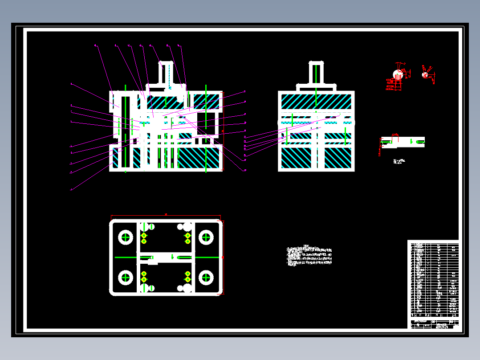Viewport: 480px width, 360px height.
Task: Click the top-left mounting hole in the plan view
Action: point(126,237)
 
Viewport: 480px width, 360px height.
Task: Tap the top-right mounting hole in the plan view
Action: point(206,237)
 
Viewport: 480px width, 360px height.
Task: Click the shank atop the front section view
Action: point(166,74)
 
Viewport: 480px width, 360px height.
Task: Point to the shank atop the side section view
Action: point(316,74)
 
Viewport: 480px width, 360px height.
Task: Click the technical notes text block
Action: point(310,256)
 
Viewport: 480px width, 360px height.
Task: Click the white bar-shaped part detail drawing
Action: point(403,142)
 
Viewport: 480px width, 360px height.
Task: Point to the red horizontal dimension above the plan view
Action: point(166,215)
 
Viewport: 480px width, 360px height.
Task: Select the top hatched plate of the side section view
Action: point(316,102)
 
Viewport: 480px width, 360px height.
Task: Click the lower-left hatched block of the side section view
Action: point(296,158)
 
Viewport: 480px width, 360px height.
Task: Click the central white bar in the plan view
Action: point(166,257)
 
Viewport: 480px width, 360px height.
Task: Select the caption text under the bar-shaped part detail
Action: point(399,161)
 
